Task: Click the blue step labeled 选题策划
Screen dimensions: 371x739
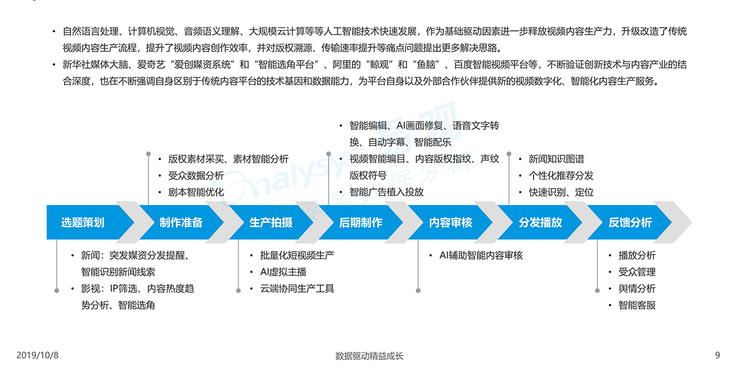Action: pyautogui.click(x=83, y=222)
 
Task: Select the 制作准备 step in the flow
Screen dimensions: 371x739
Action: pyautogui.click(x=181, y=222)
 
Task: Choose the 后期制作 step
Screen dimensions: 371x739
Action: pyautogui.click(x=361, y=222)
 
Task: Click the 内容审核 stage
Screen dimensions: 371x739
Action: pyautogui.click(x=450, y=222)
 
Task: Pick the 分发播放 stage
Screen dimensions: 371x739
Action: pyautogui.click(x=540, y=222)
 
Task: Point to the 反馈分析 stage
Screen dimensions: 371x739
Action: pyautogui.click(x=630, y=222)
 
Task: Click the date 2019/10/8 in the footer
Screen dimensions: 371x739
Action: pyautogui.click(x=38, y=355)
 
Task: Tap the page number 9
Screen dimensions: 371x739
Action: pyautogui.click(x=718, y=355)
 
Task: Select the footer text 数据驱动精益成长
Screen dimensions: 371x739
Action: pyautogui.click(x=369, y=356)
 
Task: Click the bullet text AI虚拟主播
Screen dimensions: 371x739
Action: pyautogui.click(x=283, y=272)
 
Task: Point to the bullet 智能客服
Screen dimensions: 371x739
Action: pyautogui.click(x=637, y=305)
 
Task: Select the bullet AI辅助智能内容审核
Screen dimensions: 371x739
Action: pyautogui.click(x=481, y=255)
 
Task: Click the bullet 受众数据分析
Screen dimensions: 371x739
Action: pyautogui.click(x=196, y=175)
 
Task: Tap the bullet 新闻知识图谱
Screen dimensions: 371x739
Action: pyautogui.click(x=557, y=159)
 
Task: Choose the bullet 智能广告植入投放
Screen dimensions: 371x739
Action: pyautogui.click(x=386, y=192)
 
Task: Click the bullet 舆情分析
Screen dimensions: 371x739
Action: pyautogui.click(x=637, y=288)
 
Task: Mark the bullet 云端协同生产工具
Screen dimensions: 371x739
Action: pyautogui.click(x=297, y=288)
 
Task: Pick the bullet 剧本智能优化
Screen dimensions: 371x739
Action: pyautogui.click(x=196, y=192)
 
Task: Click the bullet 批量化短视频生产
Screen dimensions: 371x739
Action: pyautogui.click(x=297, y=255)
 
